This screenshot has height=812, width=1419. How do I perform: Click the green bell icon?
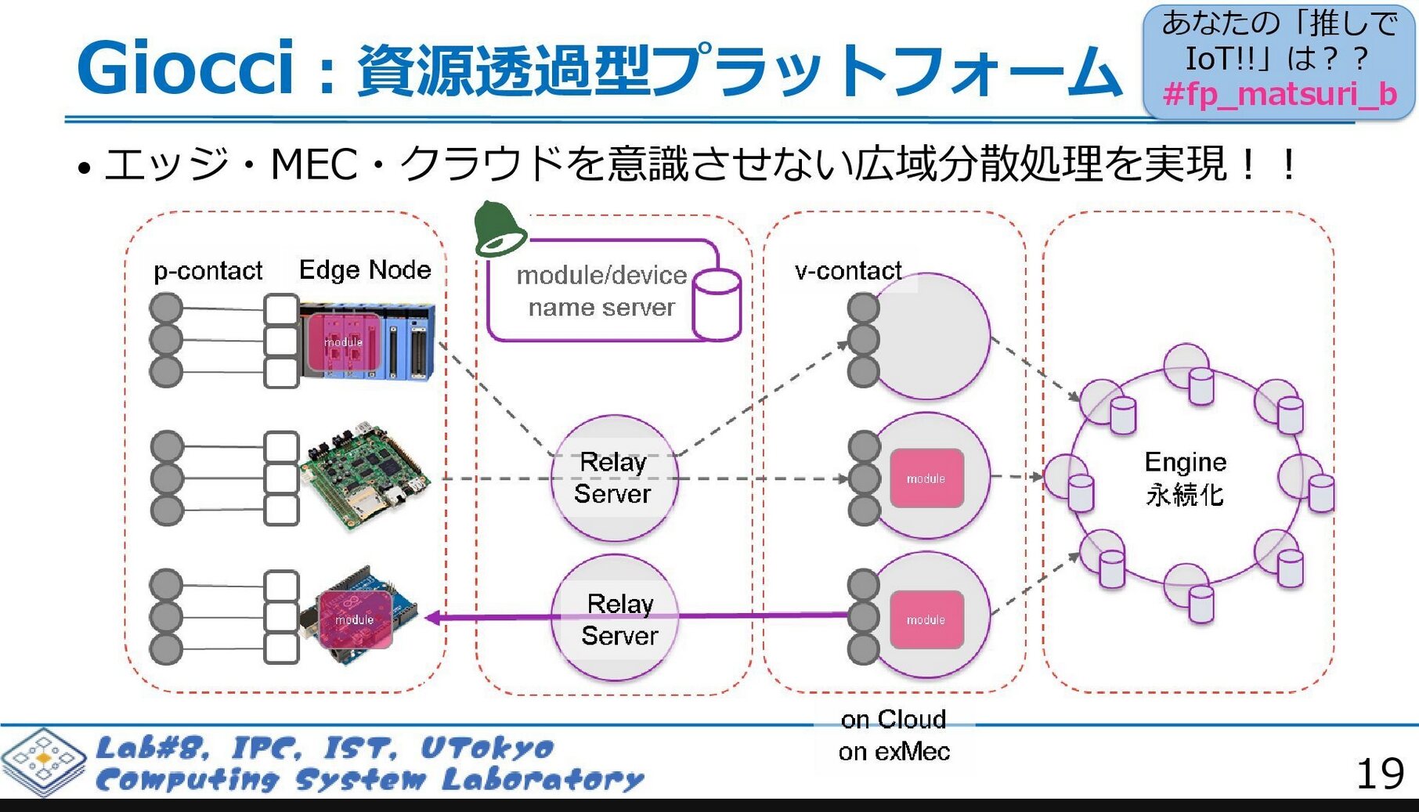point(499,229)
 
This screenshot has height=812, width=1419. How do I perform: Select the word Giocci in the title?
point(185,68)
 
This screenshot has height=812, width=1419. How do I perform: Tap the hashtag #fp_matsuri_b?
point(1280,95)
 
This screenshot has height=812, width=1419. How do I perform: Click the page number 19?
point(1380,774)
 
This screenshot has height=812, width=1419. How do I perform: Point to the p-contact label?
point(208,271)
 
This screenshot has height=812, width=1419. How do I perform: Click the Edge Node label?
point(365,270)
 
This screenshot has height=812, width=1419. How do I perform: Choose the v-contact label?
point(848,271)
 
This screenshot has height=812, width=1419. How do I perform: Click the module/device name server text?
point(601,291)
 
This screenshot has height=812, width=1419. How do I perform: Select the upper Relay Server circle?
point(614,478)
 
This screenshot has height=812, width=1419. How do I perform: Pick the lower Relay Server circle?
point(614,619)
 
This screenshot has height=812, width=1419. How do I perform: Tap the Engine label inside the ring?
point(1185,462)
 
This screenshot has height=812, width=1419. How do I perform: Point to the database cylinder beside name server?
point(716,305)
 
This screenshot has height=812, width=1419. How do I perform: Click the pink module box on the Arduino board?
point(355,619)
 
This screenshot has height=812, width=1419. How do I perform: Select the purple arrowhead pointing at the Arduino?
point(432,618)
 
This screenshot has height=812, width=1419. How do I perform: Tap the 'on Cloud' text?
point(893,719)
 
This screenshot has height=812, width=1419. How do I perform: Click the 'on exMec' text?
point(894,752)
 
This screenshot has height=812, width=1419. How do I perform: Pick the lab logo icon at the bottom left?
point(44,761)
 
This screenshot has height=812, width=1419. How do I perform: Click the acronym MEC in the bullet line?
point(314,164)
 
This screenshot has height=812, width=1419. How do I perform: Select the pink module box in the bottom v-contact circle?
point(926,619)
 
